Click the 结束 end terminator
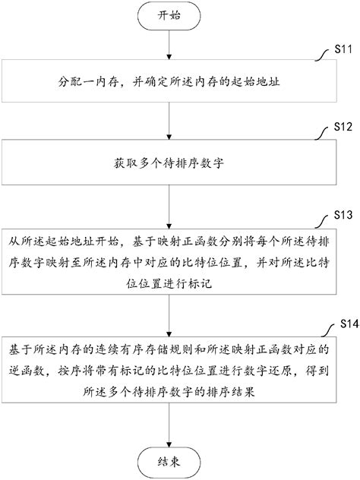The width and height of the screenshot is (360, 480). pyautogui.click(x=169, y=460)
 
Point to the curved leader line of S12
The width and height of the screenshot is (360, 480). pyautogui.click(x=322, y=132)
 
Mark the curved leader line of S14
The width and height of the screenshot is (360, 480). pyautogui.click(x=324, y=332)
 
